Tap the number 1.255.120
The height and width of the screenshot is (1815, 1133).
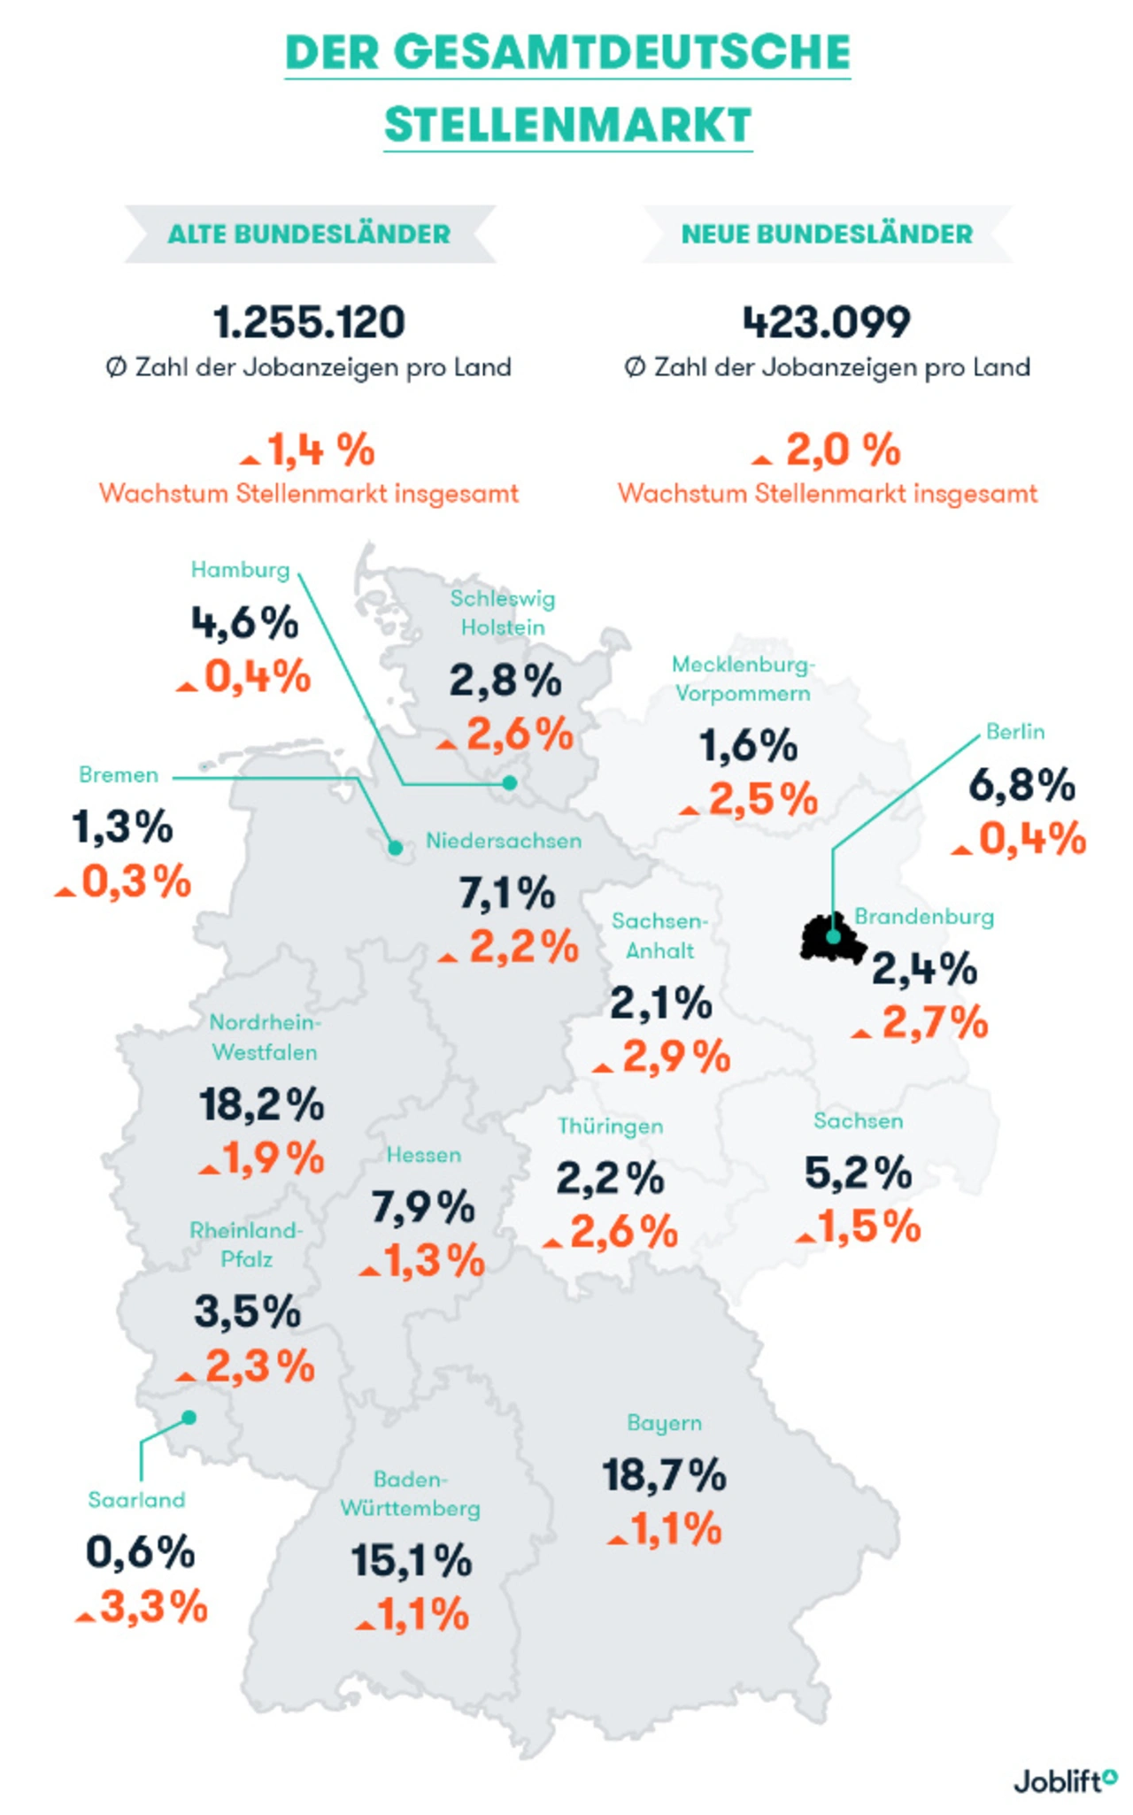(x=309, y=322)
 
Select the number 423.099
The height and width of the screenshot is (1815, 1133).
(x=827, y=322)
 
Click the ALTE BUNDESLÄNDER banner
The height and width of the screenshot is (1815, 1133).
(x=309, y=235)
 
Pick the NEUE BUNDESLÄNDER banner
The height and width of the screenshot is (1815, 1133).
(x=827, y=235)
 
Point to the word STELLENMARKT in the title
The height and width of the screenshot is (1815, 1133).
(x=567, y=125)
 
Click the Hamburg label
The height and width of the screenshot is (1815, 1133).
(x=240, y=570)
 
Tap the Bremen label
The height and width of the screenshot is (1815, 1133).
(x=119, y=775)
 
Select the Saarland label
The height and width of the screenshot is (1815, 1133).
(x=136, y=1500)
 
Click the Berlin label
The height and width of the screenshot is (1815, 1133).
(x=1015, y=732)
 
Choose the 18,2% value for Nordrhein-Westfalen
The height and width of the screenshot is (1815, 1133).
(x=261, y=1105)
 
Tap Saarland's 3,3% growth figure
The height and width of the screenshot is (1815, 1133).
(x=153, y=1607)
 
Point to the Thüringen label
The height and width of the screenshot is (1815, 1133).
(x=610, y=1127)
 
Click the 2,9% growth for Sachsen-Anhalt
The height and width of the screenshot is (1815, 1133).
(x=676, y=1057)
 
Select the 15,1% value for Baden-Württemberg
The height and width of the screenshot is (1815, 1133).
(x=411, y=1561)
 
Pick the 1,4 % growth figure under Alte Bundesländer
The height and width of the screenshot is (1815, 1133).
(x=320, y=450)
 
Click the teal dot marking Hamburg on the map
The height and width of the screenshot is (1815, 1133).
(x=509, y=783)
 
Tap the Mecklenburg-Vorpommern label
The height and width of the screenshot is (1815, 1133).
(x=743, y=679)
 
